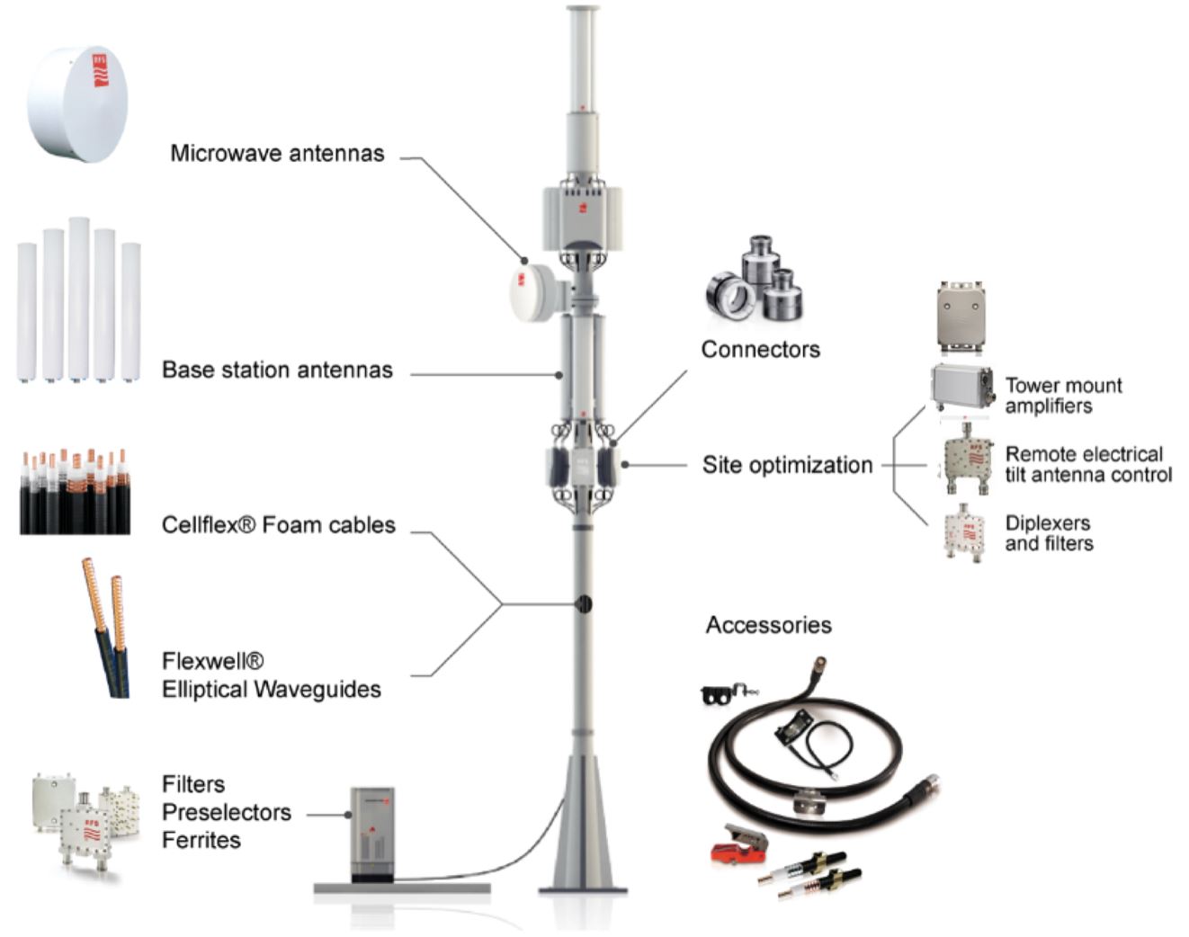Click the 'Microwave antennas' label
(x=277, y=153)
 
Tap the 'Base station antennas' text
(x=277, y=370)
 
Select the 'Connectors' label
(x=760, y=349)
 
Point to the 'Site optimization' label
(x=787, y=465)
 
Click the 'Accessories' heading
(x=769, y=625)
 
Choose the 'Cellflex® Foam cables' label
(x=279, y=525)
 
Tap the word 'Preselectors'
(x=227, y=812)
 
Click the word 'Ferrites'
(x=201, y=840)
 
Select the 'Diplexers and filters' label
(x=1049, y=533)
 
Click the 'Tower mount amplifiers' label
(x=1063, y=396)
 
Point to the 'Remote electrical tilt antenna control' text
(x=1088, y=465)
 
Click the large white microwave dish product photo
(x=77, y=104)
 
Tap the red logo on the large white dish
(x=101, y=70)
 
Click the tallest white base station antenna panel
(x=79, y=299)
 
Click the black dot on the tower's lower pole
(x=583, y=604)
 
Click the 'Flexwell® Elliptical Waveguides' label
(x=271, y=675)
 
